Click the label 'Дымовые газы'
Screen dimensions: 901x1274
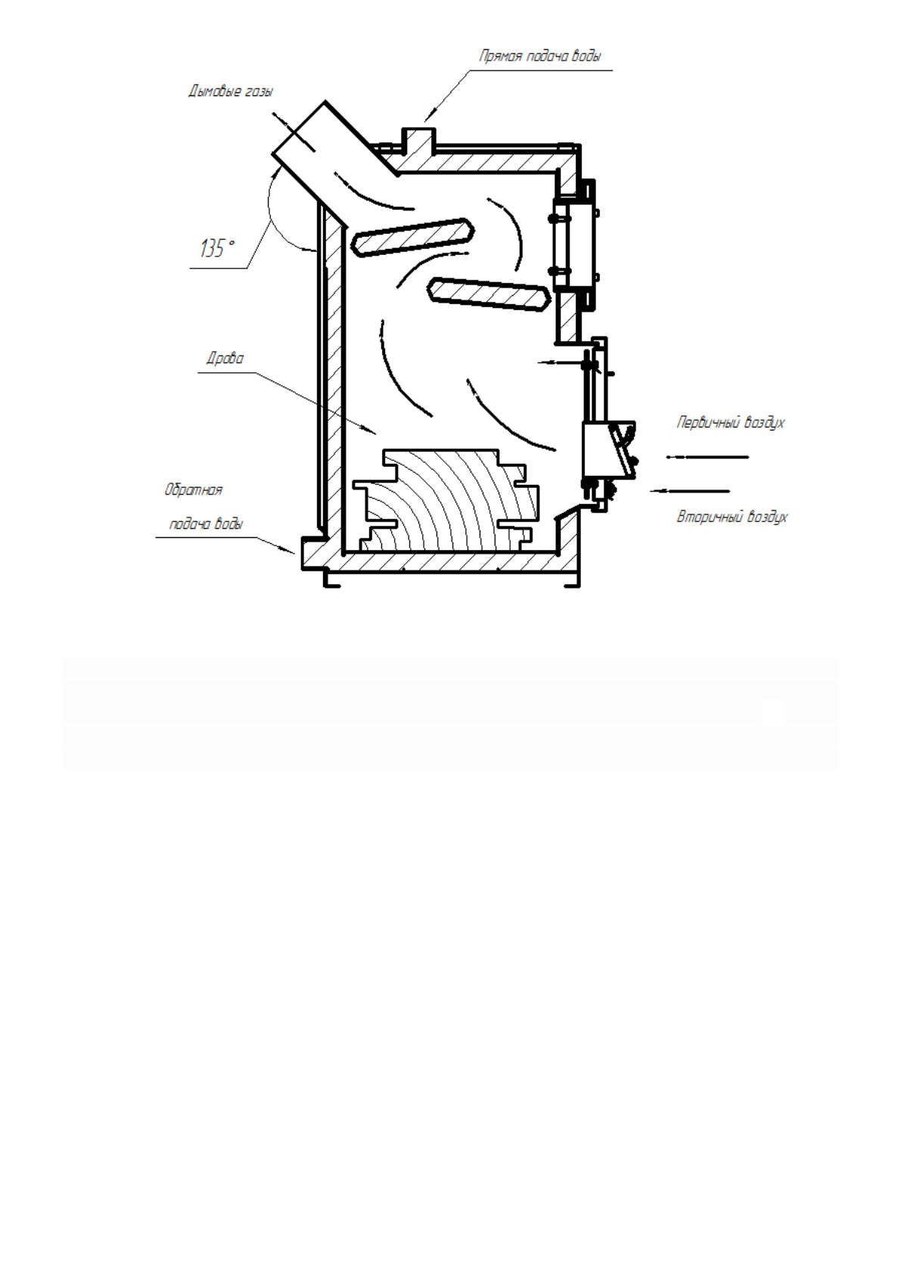(230, 92)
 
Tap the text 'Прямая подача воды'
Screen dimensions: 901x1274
(540, 57)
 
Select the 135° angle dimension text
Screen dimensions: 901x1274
(217, 248)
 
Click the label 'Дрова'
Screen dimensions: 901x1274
(225, 359)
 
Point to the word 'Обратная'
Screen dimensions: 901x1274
(194, 490)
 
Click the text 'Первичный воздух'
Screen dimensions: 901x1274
(730, 423)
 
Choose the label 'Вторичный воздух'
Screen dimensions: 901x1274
(732, 517)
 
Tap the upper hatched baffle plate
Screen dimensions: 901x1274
(413, 237)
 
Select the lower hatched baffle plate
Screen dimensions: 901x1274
(488, 294)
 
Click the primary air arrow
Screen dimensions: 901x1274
(707, 457)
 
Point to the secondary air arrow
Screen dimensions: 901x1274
(690, 491)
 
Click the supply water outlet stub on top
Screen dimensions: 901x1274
(418, 141)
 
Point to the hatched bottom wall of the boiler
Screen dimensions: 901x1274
(454, 561)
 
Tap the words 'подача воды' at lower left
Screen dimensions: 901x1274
(206, 524)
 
